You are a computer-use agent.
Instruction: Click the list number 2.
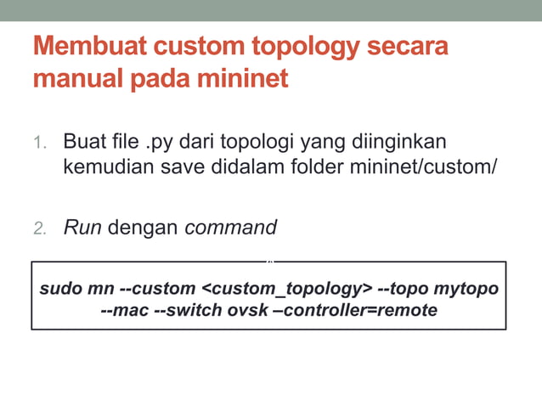40,228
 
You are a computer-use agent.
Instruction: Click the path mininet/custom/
422,166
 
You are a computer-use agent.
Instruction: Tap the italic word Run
82,227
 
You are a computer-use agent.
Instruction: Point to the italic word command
231,227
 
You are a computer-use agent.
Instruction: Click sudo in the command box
61,289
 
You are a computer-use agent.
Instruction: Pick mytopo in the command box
466,289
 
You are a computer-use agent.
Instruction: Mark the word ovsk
248,310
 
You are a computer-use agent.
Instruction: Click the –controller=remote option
356,310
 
